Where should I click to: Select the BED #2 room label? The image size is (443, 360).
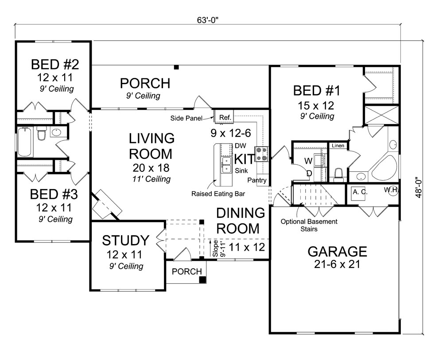click(55, 65)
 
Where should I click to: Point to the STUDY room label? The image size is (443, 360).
click(126, 241)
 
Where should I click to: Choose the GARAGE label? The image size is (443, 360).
click(337, 252)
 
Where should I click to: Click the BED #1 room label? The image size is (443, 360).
click(316, 91)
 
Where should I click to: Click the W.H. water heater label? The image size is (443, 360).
click(391, 190)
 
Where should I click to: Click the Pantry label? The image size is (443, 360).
click(256, 180)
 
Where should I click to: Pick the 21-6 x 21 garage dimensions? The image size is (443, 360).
click(337, 265)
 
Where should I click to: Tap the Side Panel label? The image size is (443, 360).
click(187, 118)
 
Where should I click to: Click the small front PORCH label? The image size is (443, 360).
click(187, 271)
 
